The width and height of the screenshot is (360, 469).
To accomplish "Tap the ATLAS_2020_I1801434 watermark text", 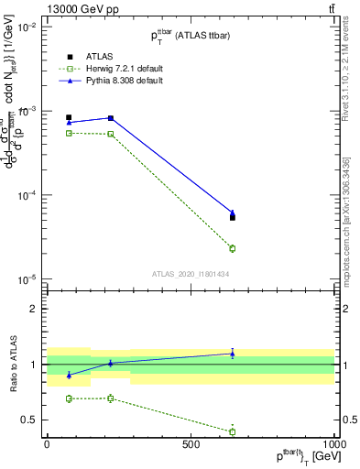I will pos(191,274).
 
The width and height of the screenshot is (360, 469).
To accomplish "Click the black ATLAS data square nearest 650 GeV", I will pos(233,217).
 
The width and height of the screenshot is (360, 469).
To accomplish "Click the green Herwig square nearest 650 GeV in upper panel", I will pos(233,248).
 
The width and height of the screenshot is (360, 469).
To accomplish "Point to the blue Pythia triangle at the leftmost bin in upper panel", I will pos(69,122).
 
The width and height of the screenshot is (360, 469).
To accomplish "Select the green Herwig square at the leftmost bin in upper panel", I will pos(69,133).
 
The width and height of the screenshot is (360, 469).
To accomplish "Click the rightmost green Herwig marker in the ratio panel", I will pos(233,431).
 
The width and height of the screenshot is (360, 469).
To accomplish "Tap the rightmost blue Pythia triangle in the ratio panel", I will pos(233,354).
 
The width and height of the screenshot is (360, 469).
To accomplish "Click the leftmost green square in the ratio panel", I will pos(69,398).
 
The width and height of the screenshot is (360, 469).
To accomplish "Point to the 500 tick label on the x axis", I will pos(191,445).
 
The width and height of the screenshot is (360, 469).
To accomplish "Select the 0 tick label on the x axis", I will pos(47,445).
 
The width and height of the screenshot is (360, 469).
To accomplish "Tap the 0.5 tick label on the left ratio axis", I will pos(30,420).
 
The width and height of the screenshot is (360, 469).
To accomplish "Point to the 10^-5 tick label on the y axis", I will pos(27,279).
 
